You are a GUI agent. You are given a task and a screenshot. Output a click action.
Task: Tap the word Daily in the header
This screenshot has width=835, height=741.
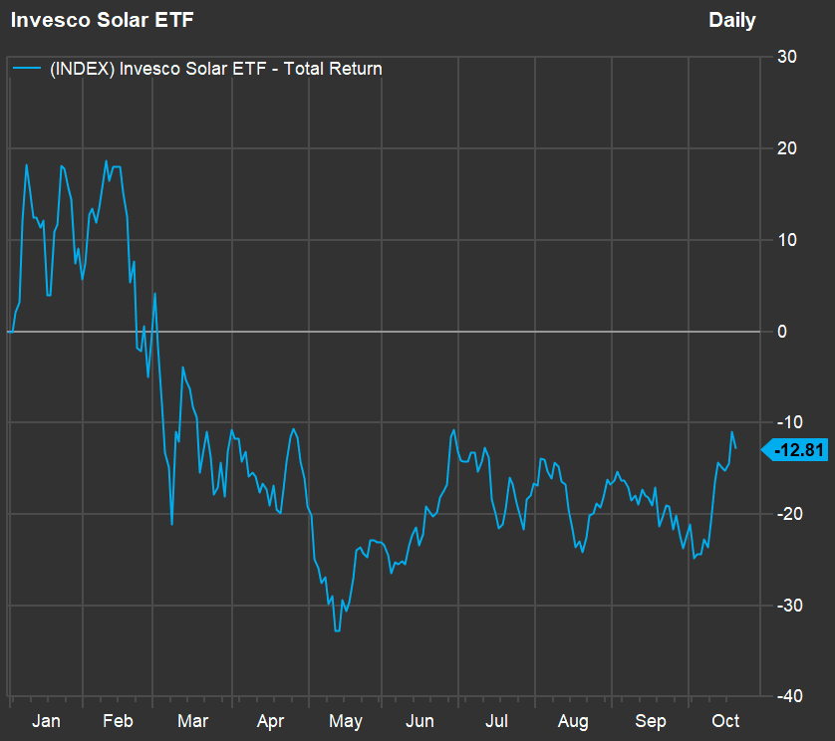[x=731, y=20]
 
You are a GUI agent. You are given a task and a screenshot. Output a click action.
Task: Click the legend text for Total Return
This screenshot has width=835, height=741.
[x=215, y=69]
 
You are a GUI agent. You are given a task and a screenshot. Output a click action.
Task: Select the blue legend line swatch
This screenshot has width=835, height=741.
[x=27, y=69]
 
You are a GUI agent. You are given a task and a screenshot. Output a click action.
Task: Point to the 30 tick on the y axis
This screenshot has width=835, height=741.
[x=786, y=57]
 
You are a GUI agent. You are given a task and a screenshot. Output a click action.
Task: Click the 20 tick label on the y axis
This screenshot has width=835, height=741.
[x=786, y=148]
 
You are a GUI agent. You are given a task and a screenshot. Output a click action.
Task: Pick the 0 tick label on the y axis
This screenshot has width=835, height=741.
[x=782, y=331]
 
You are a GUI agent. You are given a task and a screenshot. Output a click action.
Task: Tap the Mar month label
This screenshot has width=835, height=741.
[x=192, y=720]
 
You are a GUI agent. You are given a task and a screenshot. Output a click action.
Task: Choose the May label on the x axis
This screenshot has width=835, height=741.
[x=346, y=720]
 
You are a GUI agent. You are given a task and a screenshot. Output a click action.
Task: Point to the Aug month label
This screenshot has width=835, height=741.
[x=574, y=720]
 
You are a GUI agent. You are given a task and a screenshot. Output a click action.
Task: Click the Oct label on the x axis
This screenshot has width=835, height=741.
[x=725, y=720]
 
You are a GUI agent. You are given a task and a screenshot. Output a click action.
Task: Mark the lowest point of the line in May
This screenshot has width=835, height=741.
[x=338, y=630]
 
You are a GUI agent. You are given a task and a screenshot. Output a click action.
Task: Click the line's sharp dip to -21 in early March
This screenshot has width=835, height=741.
[x=171, y=524]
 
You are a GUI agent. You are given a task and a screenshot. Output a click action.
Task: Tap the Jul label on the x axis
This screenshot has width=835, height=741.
[x=497, y=720]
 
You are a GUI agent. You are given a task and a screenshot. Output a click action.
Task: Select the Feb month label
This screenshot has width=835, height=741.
[x=118, y=720]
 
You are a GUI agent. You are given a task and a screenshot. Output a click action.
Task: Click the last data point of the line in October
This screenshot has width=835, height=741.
[x=735, y=447]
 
